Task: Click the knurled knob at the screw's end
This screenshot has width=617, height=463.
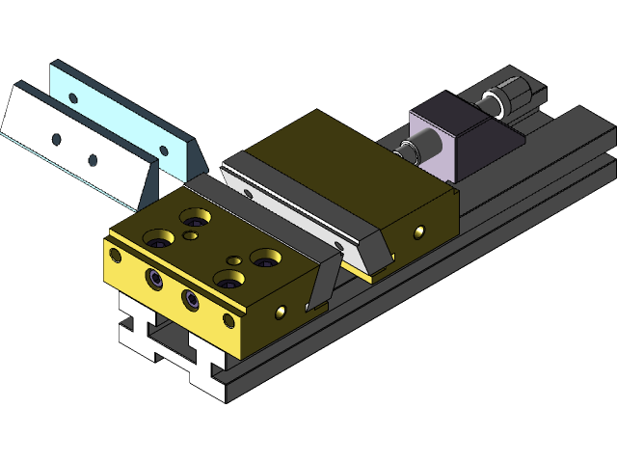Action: tap(511, 96)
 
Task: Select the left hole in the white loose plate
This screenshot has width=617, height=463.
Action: tap(56, 140)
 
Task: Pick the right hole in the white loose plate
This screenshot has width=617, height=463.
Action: tap(93, 159)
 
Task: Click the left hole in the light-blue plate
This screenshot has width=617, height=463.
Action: tap(76, 98)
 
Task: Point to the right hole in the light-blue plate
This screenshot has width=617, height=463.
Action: tap(164, 150)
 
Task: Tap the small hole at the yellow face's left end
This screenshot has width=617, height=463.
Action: tap(116, 255)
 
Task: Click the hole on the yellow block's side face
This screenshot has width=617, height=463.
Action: tap(282, 312)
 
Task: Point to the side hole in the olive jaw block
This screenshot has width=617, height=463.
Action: tap(418, 231)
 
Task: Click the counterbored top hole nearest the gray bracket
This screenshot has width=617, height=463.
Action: tap(265, 258)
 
